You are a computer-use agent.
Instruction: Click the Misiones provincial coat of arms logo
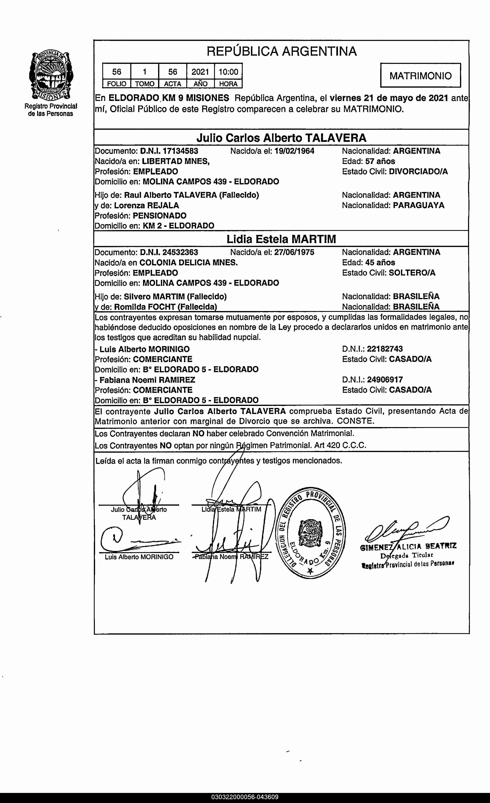coord(51,75)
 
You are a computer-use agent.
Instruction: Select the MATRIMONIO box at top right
coord(420,76)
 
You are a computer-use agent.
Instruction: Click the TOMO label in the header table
coord(144,84)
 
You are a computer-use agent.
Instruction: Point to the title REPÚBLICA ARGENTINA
coord(282,51)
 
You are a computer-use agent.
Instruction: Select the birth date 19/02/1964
coord(294,151)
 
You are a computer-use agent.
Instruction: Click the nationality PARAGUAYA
coord(418,205)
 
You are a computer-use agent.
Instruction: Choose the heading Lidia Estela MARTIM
coord(281,239)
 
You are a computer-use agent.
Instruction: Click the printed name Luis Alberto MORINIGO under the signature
coord(139,557)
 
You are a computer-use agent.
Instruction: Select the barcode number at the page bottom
coord(245,797)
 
